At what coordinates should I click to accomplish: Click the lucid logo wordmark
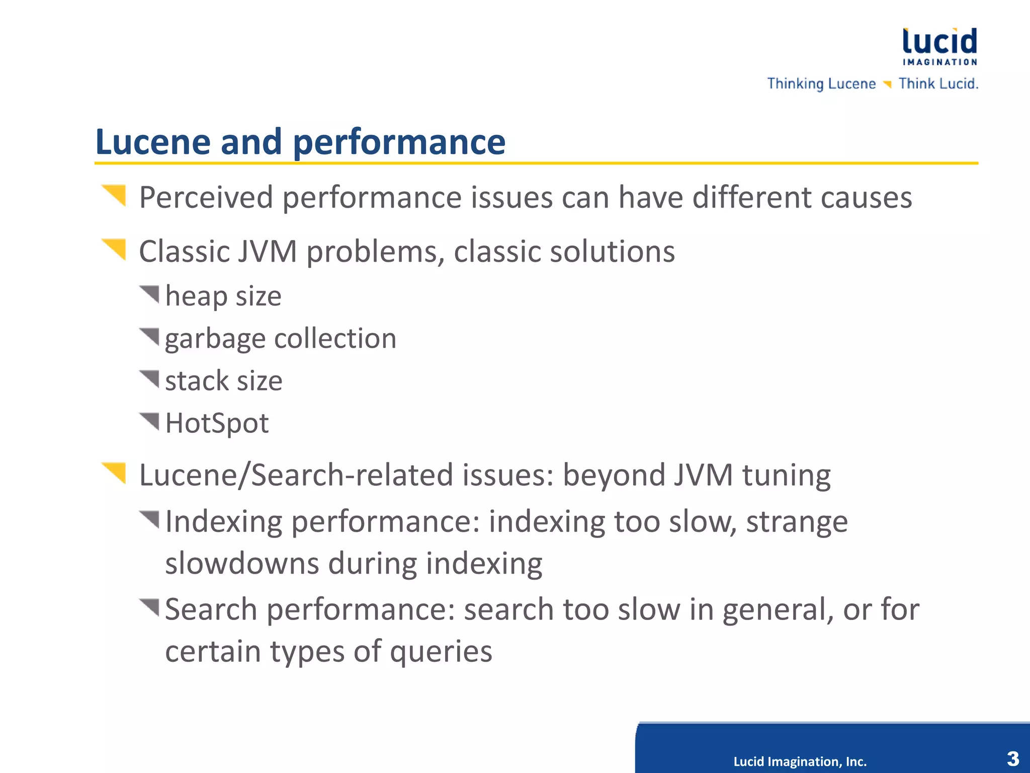(939, 41)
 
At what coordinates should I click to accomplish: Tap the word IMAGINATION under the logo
(939, 62)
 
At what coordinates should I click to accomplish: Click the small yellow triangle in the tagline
(887, 84)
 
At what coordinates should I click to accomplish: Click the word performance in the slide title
(399, 143)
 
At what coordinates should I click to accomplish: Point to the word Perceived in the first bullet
(206, 197)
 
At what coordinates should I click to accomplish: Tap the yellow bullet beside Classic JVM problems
(115, 249)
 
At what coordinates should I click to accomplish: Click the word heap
(196, 296)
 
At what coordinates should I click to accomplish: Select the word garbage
(215, 339)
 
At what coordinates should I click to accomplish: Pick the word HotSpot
(217, 423)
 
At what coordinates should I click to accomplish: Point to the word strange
(797, 521)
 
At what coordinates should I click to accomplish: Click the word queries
(441, 652)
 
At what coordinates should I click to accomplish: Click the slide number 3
(1013, 758)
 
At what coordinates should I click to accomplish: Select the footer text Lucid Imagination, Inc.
(800, 761)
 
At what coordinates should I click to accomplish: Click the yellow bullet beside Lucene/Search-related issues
(115, 472)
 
